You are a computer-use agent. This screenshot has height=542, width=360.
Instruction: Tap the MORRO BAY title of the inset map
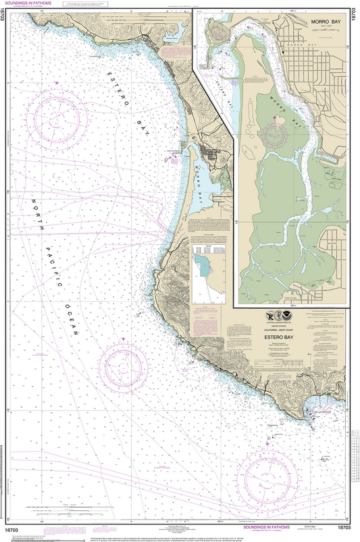[x=326, y=22]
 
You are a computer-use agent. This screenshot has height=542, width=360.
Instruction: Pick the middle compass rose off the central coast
[x=123, y=369]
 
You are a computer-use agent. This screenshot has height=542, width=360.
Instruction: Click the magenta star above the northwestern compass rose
[x=57, y=82]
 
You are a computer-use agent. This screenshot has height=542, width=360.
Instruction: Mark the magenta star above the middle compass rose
[x=124, y=338]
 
